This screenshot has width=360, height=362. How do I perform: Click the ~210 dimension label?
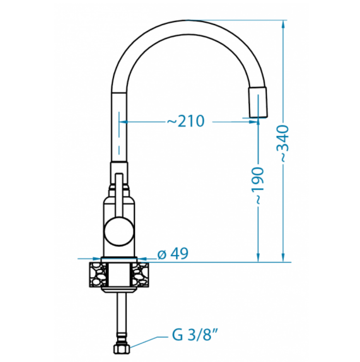coord(186,121)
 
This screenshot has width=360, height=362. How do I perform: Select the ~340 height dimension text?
coord(283,143)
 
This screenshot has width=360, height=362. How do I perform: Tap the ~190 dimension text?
coord(257,186)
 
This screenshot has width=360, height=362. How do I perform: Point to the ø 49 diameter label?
coord(173,254)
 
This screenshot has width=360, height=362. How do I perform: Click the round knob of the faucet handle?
coord(119,232)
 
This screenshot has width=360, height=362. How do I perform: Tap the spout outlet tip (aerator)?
coord(258,102)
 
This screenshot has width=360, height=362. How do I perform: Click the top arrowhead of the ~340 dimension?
coord(283,25)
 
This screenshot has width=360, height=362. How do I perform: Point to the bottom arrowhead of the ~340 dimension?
coord(283,258)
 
